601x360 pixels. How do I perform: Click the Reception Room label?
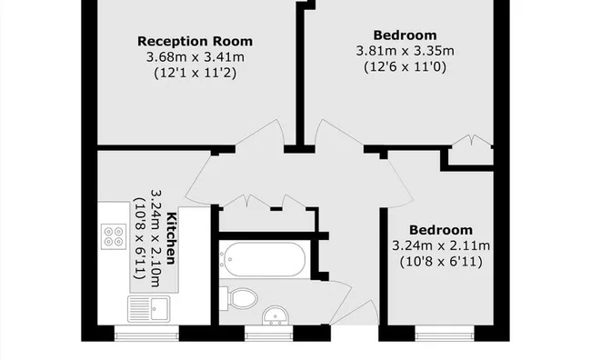tap(195, 41)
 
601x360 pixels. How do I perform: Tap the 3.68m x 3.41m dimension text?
tap(195, 57)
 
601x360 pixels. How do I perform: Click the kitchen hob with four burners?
tap(115, 236)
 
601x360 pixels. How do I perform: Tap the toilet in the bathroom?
tap(244, 297)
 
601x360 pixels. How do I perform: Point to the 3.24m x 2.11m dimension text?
tap(440, 245)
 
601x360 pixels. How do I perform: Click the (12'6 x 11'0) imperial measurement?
tap(405, 66)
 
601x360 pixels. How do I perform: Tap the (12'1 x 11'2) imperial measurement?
tap(195, 73)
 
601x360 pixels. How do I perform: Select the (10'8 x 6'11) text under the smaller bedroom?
tap(440, 262)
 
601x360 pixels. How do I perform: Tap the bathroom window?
tap(269, 333)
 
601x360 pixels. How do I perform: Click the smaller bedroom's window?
tap(442, 333)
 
